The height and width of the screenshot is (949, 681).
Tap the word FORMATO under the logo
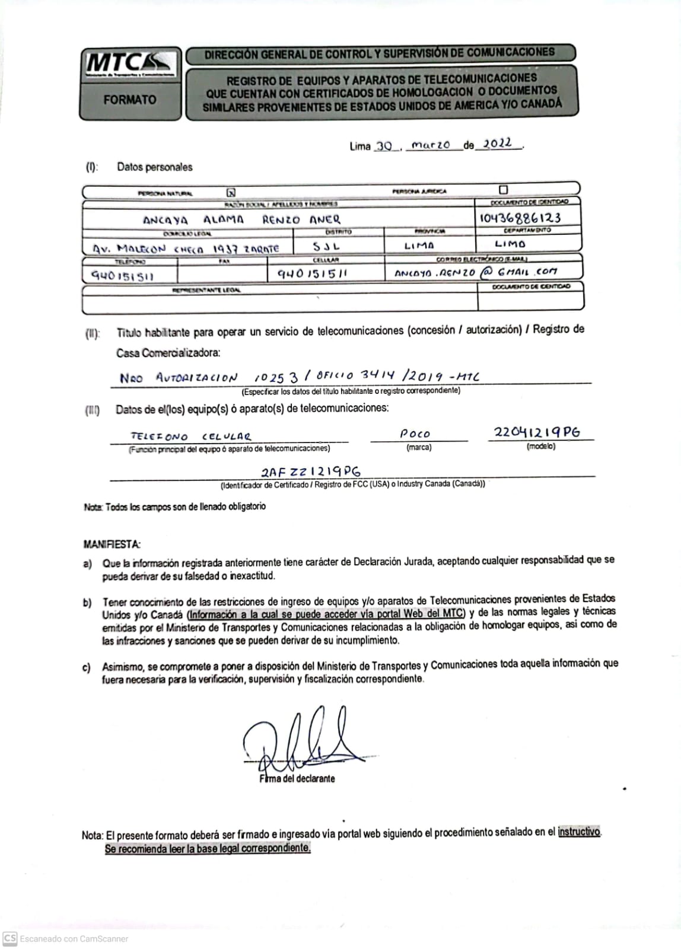130,100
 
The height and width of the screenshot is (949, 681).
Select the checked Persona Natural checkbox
231,192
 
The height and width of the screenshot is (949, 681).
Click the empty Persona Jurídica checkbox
504,190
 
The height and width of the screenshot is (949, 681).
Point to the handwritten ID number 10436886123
520,218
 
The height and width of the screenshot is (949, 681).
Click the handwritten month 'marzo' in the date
431,145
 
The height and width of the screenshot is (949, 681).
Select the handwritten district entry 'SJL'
326,246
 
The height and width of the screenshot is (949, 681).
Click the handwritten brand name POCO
415,434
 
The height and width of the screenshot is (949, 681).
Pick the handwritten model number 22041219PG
537,432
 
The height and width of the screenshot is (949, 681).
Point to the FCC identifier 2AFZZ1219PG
310,472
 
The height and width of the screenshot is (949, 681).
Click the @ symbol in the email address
487,272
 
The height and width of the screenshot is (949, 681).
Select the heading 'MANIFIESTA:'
112,544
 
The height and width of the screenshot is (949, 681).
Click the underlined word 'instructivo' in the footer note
579,832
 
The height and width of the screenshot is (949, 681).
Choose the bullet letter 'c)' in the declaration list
87,667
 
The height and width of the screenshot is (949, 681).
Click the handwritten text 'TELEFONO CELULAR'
190,437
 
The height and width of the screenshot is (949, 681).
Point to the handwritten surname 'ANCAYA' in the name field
166,220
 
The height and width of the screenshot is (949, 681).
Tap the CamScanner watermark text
74,938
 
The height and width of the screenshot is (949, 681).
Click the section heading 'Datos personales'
155,167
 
